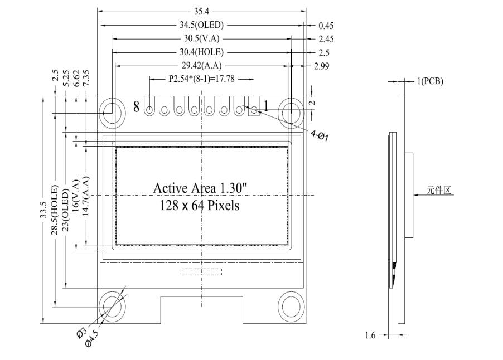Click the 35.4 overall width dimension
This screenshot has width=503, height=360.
click(202, 11)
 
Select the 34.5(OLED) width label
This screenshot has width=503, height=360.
click(201, 25)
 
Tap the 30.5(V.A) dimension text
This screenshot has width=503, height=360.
click(201, 38)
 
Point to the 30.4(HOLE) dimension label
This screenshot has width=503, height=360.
click(201, 52)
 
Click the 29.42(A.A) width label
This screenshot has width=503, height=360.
click(201, 66)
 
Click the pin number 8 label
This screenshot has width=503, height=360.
click(136, 107)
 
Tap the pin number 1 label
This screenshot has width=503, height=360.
click(266, 106)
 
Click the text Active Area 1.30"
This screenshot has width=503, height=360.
click(200, 189)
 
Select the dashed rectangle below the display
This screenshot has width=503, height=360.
click(201, 272)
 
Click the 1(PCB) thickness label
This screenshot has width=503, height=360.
click(430, 81)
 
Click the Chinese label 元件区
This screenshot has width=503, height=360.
click(438, 190)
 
